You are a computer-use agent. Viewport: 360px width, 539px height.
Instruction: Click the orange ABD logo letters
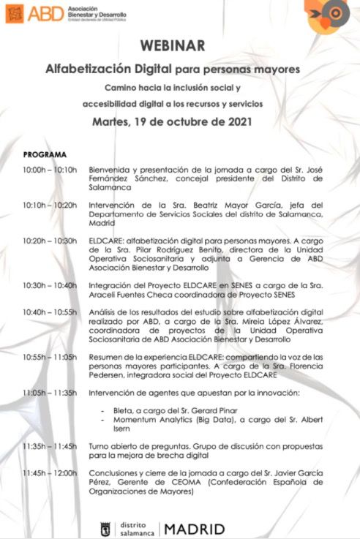click(43, 13)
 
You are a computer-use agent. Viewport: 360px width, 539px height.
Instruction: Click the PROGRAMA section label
click(45, 155)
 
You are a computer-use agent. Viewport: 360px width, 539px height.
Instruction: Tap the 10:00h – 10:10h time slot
click(49, 170)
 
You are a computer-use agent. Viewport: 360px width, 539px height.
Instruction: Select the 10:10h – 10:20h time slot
click(49, 205)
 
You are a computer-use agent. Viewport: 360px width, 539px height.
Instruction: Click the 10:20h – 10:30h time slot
click(49, 241)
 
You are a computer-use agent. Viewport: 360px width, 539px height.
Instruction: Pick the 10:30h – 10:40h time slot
click(49, 285)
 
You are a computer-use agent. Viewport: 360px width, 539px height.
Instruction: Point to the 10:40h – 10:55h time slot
click(49, 312)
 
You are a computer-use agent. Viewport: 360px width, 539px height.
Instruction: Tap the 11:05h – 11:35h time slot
click(49, 392)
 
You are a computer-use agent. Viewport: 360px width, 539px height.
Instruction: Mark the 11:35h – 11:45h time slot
click(49, 445)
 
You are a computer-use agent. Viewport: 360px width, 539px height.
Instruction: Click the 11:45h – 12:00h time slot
click(49, 473)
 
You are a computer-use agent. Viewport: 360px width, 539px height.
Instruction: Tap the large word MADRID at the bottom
click(195, 528)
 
